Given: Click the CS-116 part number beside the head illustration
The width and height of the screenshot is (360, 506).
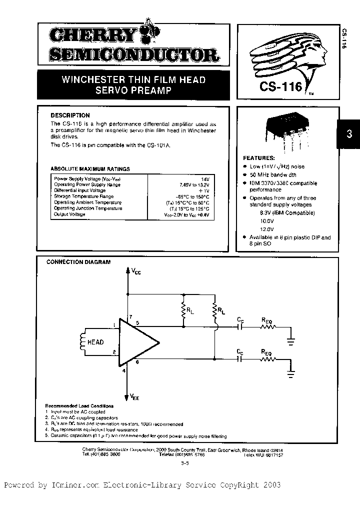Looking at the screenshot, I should (280, 86).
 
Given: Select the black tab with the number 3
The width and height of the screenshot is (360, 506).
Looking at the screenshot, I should (349, 134).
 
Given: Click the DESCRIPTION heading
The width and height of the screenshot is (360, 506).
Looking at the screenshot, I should (70, 115).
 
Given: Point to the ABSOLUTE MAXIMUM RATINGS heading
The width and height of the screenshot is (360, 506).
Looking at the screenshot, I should (90, 169).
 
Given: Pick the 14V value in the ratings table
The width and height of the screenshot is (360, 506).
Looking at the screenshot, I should (204, 178).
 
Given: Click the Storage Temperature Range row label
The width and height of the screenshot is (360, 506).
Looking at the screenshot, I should (83, 196).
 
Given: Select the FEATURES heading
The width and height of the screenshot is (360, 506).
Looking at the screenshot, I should (258, 157).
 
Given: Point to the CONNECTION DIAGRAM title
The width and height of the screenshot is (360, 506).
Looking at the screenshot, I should (78, 261).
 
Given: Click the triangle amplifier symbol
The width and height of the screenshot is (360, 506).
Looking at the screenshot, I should (137, 341).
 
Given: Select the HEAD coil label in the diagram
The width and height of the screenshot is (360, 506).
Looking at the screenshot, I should (95, 342).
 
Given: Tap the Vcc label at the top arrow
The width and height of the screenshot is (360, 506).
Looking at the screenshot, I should (136, 272).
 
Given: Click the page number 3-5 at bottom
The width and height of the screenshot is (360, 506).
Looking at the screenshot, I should (184, 464).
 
